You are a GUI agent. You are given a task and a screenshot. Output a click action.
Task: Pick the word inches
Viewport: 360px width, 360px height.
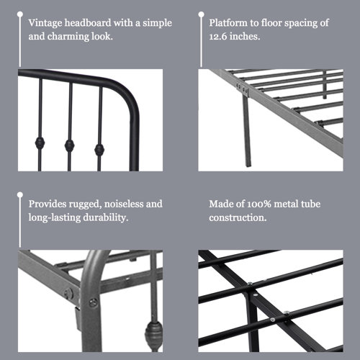(246, 35)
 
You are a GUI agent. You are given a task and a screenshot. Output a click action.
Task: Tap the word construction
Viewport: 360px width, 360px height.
(234, 217)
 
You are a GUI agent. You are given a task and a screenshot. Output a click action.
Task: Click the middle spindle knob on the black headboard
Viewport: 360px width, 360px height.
(69, 145)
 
